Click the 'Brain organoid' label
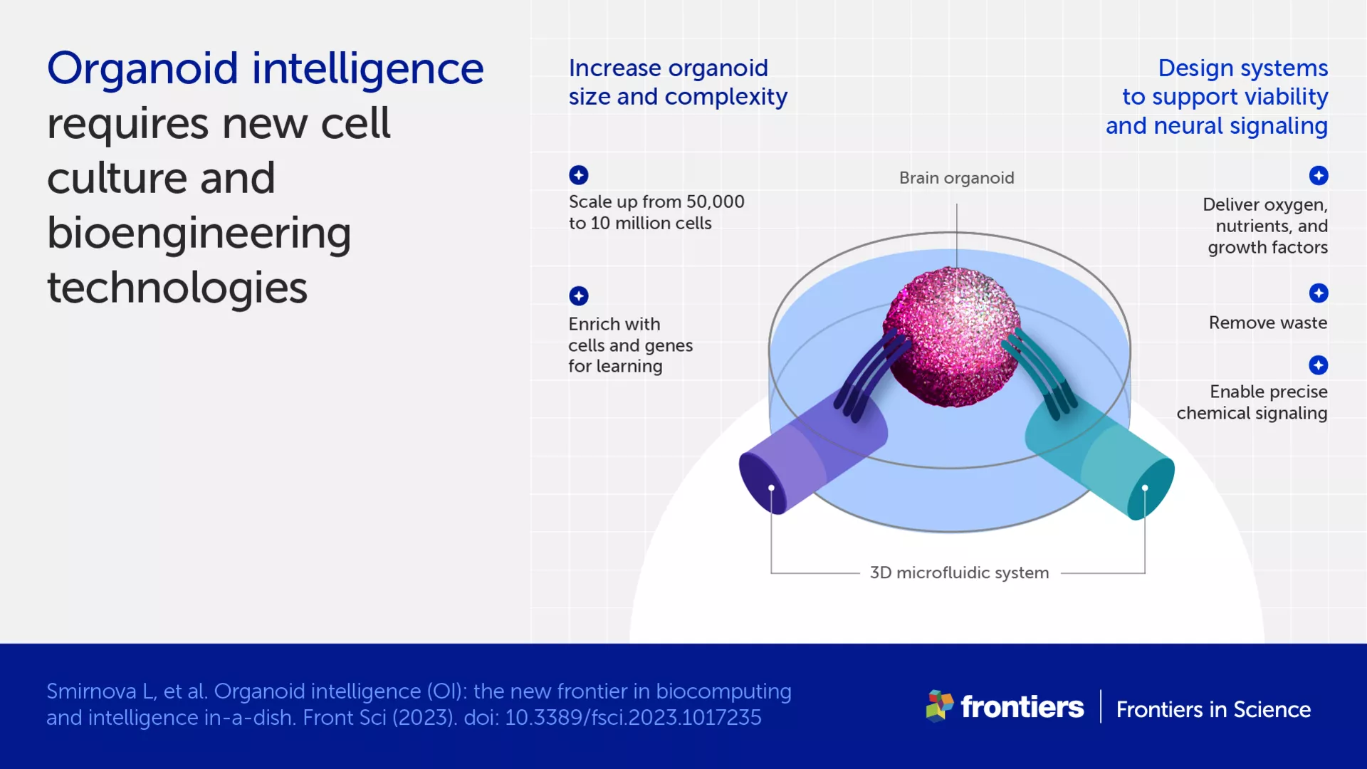pos(956,178)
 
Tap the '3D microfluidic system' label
pos(959,572)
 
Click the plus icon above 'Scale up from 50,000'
pos(578,174)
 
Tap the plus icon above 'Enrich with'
pos(578,295)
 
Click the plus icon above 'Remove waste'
pos(1318,293)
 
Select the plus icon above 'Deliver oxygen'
pos(1318,175)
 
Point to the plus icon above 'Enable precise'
pos(1318,365)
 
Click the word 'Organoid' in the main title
pos(142,69)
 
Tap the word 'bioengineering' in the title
pos(199,234)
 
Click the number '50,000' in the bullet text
pos(715,202)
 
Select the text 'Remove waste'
pos(1267,323)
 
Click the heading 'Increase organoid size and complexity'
pos(677,83)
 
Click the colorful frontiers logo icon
pos(939,706)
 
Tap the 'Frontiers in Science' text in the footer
pos(1213,709)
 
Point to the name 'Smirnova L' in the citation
pos(100,691)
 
